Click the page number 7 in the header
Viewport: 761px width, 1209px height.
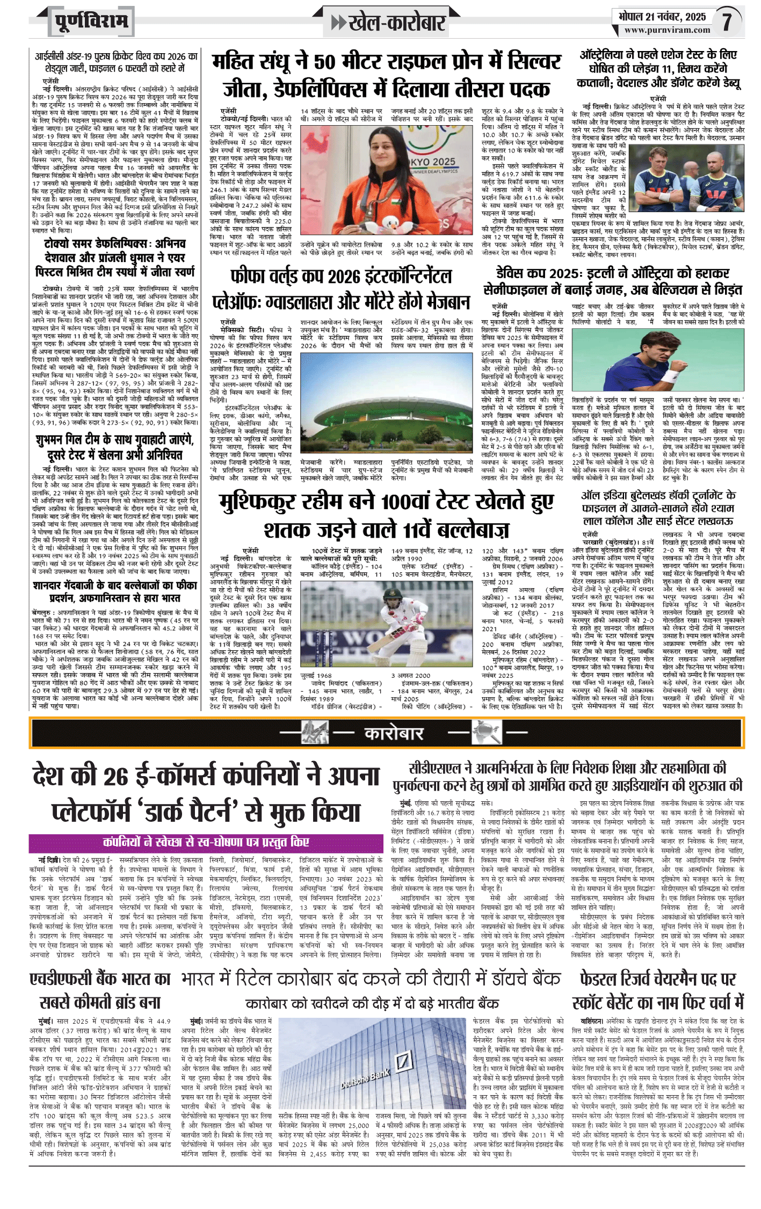pyautogui.click(x=727, y=22)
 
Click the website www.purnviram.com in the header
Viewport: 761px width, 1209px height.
pyautogui.click(x=667, y=31)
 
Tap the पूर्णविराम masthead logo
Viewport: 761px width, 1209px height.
pyautogui.click(x=91, y=22)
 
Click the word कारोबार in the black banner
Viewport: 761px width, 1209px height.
pyautogui.click(x=394, y=734)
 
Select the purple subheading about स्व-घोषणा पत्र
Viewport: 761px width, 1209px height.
pyautogui.click(x=206, y=842)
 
